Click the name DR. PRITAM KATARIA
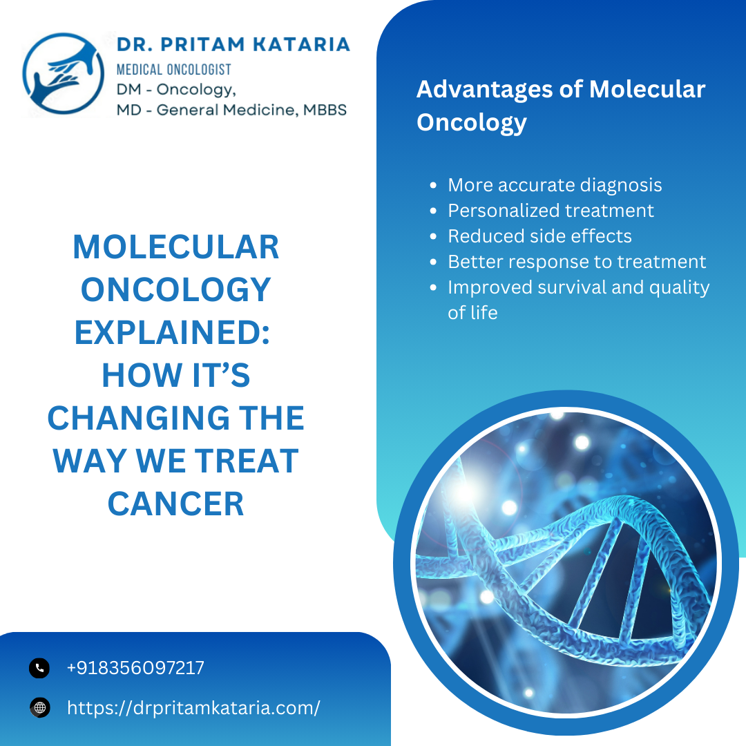[233, 45]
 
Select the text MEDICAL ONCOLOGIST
[173, 69]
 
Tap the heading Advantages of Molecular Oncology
[561, 105]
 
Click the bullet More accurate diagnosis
[555, 185]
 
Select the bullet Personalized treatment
[551, 210]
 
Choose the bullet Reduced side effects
[539, 236]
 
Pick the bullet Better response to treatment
[577, 262]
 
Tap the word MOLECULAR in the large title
[176, 247]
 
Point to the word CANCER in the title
[176, 504]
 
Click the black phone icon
[39, 668]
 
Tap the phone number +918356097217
[135, 668]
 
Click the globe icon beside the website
[39, 707]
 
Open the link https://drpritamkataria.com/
[193, 707]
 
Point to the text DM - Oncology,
[177, 90]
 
